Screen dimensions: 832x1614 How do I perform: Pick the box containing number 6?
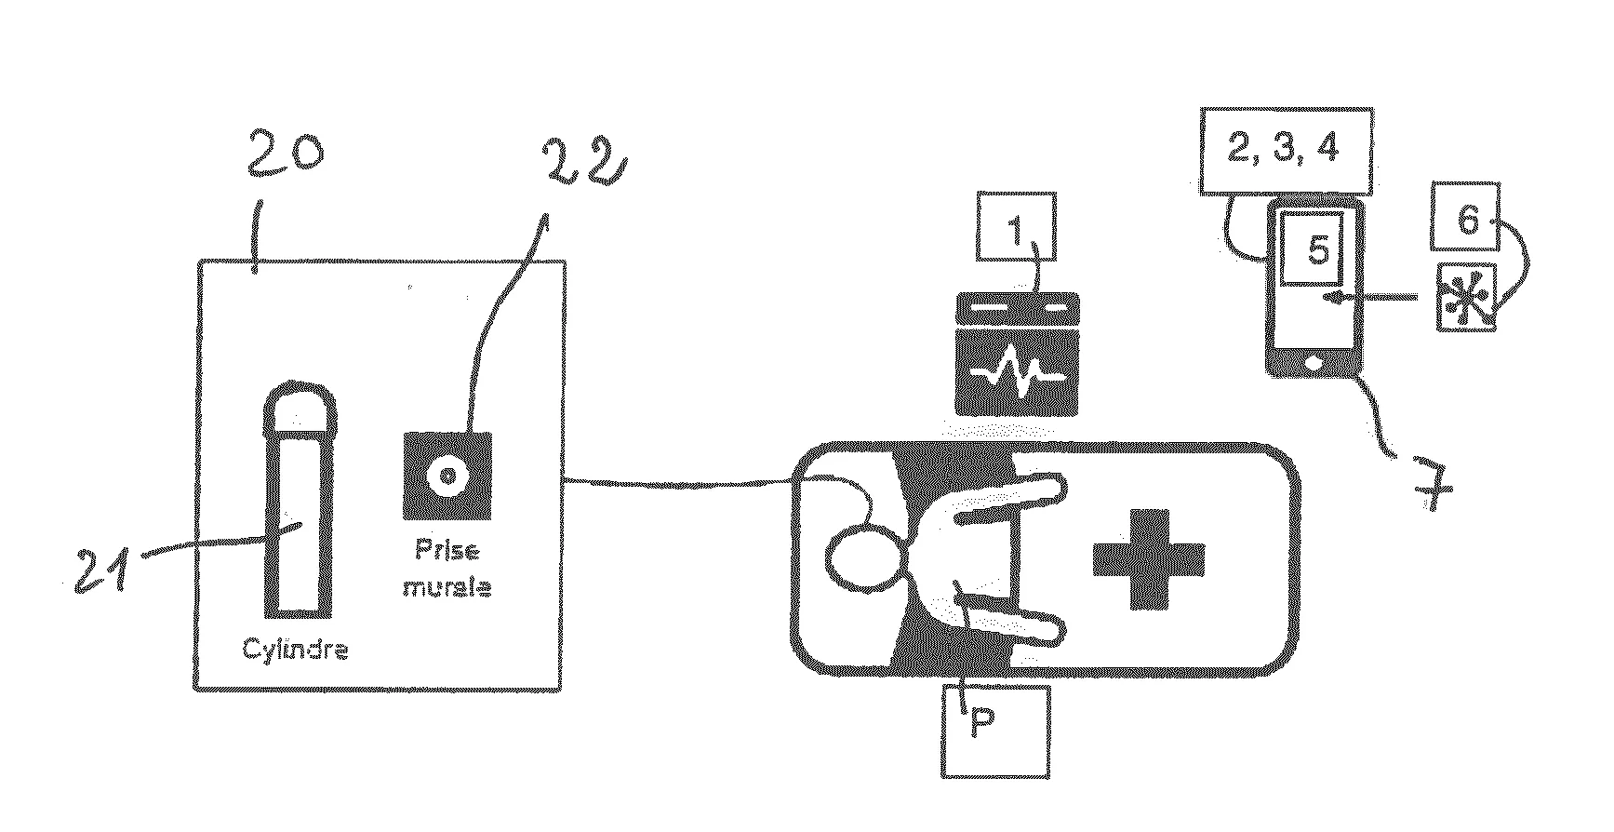1465,223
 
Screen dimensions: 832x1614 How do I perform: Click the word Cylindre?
295,651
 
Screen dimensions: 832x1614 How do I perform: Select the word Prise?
447,551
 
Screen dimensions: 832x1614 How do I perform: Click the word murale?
447,588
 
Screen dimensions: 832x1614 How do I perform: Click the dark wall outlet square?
447,474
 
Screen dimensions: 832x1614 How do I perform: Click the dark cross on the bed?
1147,557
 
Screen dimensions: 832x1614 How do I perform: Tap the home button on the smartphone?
1314,361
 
